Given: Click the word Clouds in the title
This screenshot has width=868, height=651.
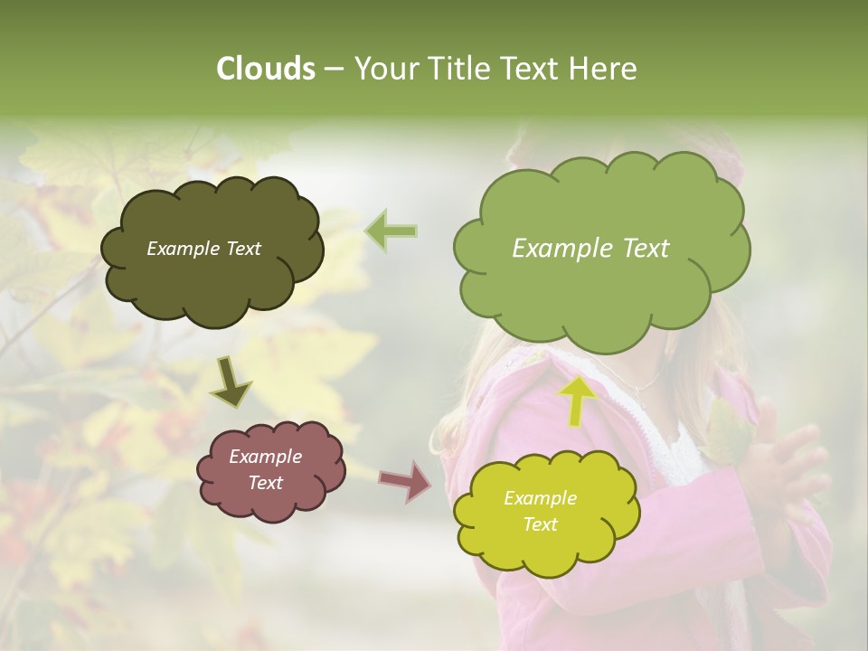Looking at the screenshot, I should (x=265, y=69).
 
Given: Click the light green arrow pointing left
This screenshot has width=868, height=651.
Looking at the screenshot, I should (x=392, y=231).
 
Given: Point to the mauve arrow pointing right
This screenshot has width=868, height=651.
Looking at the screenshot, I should (x=405, y=481).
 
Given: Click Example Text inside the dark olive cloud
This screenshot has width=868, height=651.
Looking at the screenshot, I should (x=203, y=249).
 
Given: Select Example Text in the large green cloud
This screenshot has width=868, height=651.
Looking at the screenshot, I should (x=590, y=249).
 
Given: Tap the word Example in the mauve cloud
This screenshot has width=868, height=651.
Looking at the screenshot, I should (x=265, y=457).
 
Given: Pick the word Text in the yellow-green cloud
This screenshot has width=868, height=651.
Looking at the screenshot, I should (x=540, y=524).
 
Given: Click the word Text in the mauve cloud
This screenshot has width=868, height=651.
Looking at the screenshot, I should (x=265, y=483).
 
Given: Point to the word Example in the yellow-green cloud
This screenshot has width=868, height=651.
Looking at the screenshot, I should (x=540, y=498).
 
